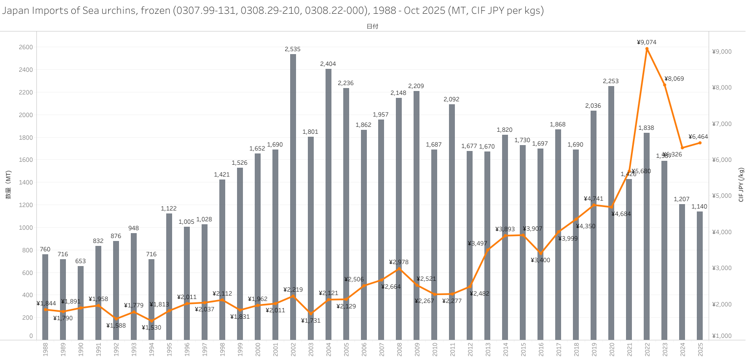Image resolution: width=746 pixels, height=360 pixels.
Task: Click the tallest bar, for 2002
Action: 293,197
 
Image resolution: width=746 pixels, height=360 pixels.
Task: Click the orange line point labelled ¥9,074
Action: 647,49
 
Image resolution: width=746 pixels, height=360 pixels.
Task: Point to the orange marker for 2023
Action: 664,85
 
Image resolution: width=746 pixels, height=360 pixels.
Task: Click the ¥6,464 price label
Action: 699,137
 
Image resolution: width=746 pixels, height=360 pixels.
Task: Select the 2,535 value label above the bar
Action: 293,49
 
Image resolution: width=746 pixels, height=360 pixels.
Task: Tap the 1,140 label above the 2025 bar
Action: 699,207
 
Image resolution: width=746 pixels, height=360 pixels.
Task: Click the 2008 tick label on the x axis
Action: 399,350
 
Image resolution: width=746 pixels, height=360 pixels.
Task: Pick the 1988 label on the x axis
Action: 45,350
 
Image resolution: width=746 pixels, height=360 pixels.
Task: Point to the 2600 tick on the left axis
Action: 26,47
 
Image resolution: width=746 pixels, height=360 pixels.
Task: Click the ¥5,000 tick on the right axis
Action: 722,196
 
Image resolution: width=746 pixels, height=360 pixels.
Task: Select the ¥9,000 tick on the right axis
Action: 722,52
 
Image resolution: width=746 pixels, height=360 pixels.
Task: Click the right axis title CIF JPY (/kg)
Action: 741,184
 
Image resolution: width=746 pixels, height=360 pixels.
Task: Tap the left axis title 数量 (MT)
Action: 8,189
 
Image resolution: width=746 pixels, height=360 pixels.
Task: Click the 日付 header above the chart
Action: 372,27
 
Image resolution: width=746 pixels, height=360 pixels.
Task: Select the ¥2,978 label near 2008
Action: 399,262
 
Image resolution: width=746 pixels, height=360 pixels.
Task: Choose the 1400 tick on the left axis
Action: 26,182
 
